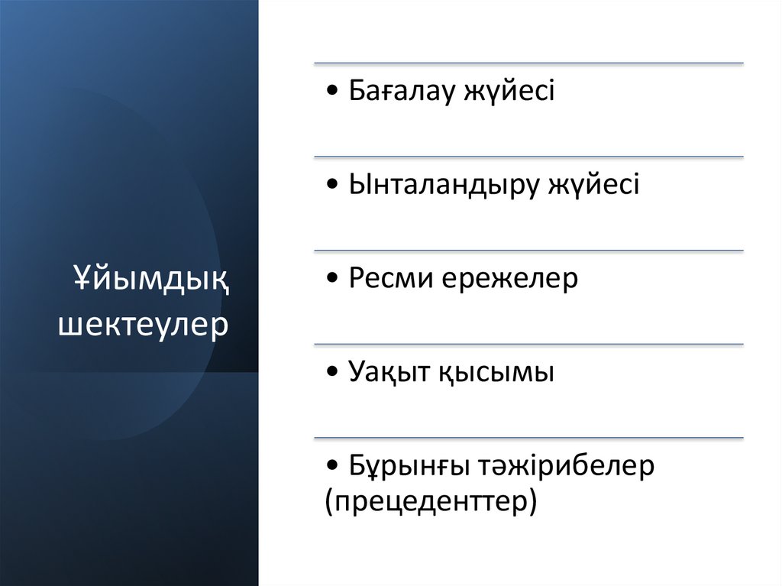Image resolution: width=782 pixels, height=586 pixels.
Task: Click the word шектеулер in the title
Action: tap(144, 323)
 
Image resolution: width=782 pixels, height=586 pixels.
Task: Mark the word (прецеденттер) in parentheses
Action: tap(431, 502)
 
